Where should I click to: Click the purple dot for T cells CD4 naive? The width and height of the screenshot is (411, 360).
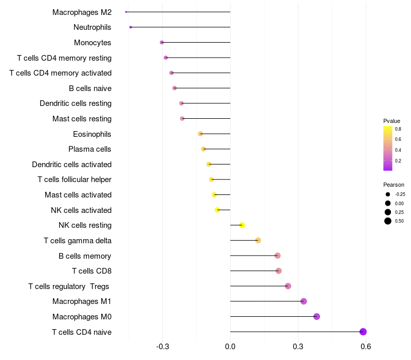[x=363, y=332]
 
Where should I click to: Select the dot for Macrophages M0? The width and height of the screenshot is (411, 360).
[x=316, y=316]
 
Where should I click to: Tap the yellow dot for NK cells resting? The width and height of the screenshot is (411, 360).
[x=242, y=225]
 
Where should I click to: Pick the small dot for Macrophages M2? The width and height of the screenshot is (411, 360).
[x=126, y=12]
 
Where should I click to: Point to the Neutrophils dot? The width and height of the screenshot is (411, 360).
[x=130, y=27]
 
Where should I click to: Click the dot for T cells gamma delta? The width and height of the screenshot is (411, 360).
[x=258, y=241]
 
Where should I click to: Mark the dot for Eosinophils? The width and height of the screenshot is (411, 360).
[x=200, y=134]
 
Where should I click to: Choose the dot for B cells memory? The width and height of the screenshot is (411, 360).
[x=277, y=256]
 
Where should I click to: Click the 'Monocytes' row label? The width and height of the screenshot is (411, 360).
[x=92, y=43]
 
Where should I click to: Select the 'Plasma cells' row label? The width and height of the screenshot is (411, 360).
[x=90, y=149]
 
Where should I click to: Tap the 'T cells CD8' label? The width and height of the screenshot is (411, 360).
[x=91, y=271]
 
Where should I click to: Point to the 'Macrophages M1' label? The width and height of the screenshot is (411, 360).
[x=82, y=301]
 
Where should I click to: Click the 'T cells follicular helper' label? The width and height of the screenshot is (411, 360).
[x=74, y=179]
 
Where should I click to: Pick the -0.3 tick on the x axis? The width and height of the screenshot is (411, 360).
[x=163, y=347]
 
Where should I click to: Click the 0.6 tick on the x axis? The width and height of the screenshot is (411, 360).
[x=366, y=347]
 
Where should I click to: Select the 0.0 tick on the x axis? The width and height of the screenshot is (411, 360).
[x=230, y=347]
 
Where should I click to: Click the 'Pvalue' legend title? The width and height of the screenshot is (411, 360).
[x=391, y=121]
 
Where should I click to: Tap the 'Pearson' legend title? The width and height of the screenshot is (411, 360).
[x=394, y=185]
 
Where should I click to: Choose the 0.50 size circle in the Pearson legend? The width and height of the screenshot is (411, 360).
[x=388, y=221]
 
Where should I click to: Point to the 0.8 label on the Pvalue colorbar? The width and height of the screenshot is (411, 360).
[x=398, y=129]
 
